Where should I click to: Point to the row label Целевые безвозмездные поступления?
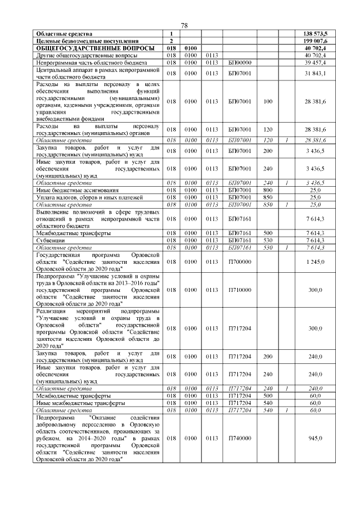point(87,41)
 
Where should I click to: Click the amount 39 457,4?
point(315,63)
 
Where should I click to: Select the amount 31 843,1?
point(315,74)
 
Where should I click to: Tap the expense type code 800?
point(267,190)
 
